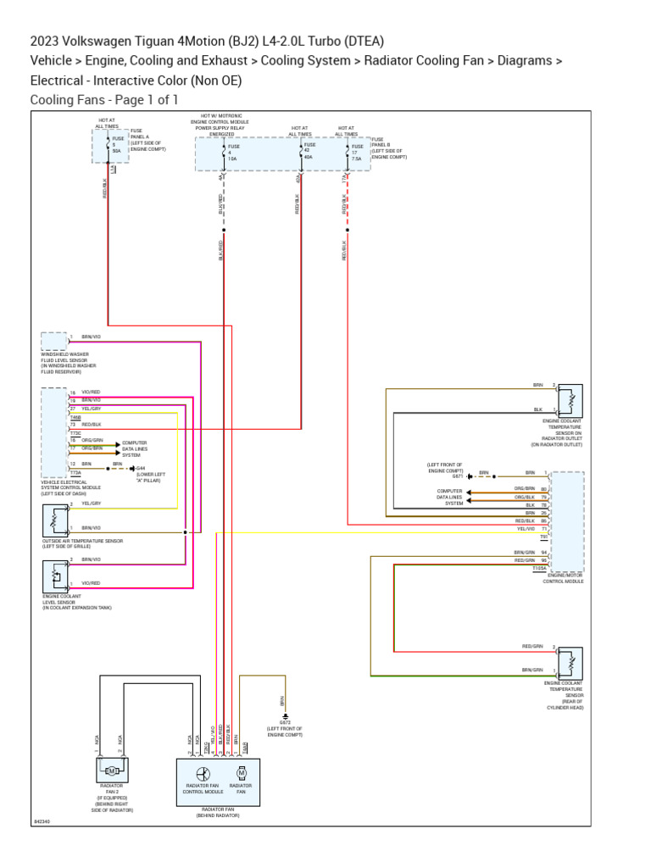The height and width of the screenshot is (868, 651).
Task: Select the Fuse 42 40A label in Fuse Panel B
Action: [308, 151]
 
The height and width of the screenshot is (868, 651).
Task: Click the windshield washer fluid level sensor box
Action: [53, 342]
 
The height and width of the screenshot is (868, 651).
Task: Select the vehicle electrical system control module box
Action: [53, 433]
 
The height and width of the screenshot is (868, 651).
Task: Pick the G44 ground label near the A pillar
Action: [142, 467]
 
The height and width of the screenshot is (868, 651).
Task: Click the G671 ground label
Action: [457, 476]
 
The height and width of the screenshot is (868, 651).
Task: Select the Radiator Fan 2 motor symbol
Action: [111, 770]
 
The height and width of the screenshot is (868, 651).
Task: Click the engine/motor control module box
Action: [566, 521]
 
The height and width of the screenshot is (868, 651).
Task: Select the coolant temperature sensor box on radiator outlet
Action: [570, 399]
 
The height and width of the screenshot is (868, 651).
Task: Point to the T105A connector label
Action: [539, 568]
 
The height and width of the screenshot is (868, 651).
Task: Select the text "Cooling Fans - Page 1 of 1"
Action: [104, 100]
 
